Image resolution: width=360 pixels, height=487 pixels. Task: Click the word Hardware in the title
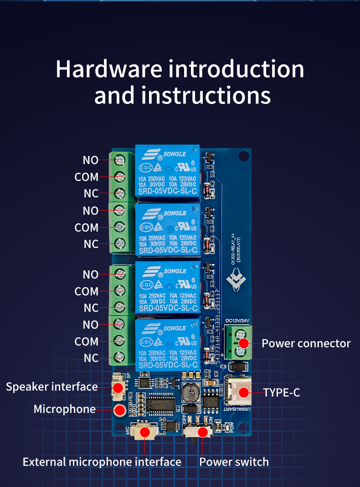point(108,69)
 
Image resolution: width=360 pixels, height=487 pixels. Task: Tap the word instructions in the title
point(206,95)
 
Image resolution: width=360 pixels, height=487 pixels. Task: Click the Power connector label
point(306,343)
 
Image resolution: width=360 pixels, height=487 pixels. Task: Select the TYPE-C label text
point(281,392)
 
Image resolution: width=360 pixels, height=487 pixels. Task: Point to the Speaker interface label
point(52,387)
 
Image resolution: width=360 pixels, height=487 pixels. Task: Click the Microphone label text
point(64,409)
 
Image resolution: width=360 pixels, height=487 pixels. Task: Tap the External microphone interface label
point(102,462)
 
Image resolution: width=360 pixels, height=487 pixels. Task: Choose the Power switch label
point(234,462)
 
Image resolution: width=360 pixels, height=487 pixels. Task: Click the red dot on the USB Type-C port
point(244,392)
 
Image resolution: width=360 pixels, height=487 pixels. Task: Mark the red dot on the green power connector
point(244,343)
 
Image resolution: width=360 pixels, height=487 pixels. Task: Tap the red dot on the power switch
point(203,431)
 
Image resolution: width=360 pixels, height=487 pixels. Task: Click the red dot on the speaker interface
point(118,388)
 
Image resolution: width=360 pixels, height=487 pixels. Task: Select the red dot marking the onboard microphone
point(120,409)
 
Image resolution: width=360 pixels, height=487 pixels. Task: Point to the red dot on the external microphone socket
point(145,431)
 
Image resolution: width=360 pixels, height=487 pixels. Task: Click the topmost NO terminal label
point(90,160)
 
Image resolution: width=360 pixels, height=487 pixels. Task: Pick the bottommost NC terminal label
point(91,358)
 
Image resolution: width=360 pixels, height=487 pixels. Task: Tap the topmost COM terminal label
point(87,177)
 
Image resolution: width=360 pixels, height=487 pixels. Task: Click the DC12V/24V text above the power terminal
point(238,321)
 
